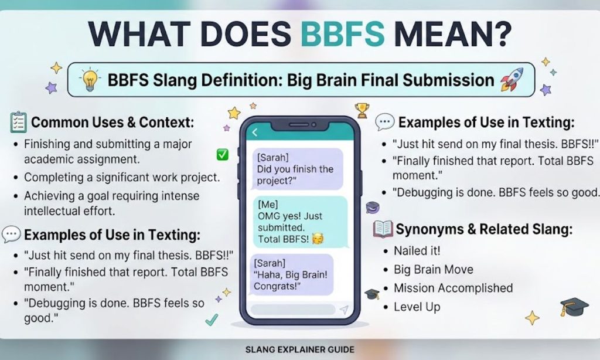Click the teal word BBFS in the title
[x=342, y=33]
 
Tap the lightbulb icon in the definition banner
[x=89, y=79]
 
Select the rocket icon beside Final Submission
[x=512, y=79]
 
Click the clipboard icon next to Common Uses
[x=18, y=123]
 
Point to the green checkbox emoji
[x=222, y=154]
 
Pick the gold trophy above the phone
[x=362, y=110]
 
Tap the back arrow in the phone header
[x=255, y=132]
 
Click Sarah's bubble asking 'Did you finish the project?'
[x=297, y=169]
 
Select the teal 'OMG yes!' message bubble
[x=301, y=222]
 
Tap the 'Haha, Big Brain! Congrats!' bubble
[x=291, y=274]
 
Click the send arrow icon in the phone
[x=344, y=310]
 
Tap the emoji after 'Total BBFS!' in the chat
[x=318, y=239]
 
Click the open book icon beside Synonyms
[x=383, y=229]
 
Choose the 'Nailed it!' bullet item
[x=417, y=251]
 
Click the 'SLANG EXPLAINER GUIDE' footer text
[x=299, y=349]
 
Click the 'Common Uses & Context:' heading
[x=112, y=123]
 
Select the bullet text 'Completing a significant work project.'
[x=122, y=178]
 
